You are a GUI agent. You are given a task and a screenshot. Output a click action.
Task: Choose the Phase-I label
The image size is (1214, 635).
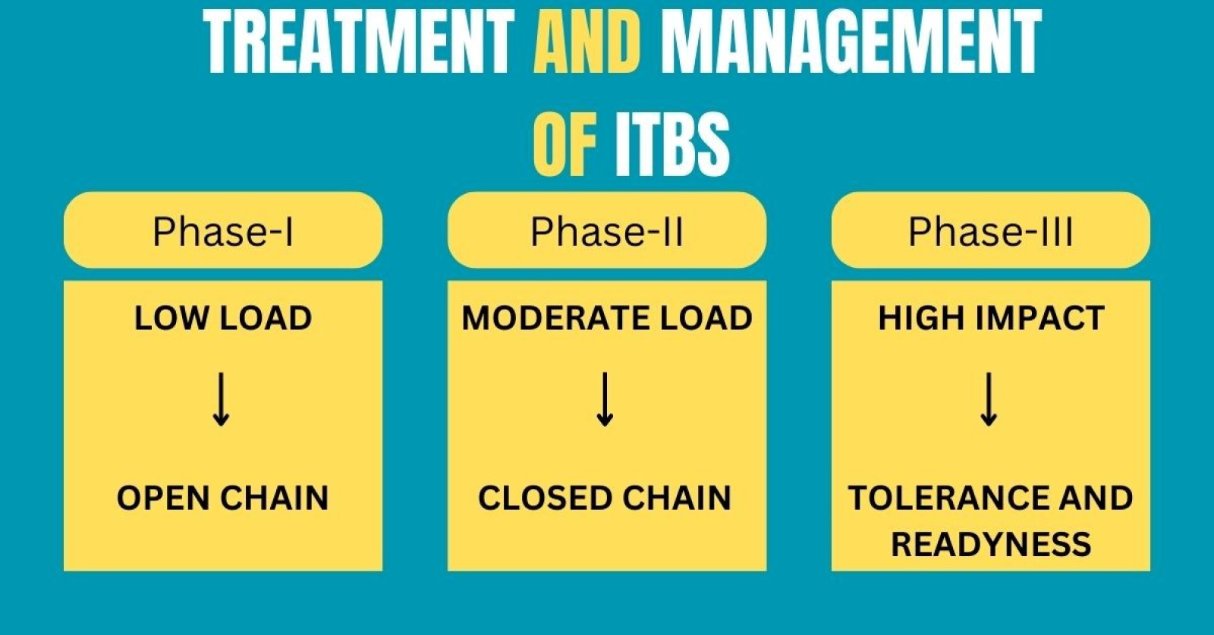[223, 232]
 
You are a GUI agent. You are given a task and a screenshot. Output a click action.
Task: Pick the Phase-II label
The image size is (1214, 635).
[606, 232]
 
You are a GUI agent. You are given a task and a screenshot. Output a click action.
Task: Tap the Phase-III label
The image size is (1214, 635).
[990, 232]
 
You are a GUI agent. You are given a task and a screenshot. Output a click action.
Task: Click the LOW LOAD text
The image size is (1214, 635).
[223, 317]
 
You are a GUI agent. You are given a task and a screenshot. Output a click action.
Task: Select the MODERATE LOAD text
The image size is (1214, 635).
[606, 317]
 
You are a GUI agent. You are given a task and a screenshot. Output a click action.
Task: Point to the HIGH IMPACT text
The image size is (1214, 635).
[991, 317]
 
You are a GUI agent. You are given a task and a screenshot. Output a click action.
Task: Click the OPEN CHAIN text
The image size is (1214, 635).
[223, 498]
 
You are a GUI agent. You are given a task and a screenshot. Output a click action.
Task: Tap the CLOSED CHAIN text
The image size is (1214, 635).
[605, 498]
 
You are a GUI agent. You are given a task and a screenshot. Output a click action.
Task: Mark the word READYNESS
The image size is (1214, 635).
[991, 544]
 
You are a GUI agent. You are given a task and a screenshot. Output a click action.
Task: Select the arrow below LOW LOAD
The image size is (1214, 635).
[221, 399]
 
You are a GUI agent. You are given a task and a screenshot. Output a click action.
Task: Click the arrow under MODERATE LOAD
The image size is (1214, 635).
[605, 399]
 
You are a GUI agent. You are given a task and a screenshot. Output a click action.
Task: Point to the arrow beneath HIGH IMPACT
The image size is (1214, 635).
[989, 399]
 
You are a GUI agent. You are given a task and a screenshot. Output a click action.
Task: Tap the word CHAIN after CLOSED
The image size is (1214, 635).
[676, 498]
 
